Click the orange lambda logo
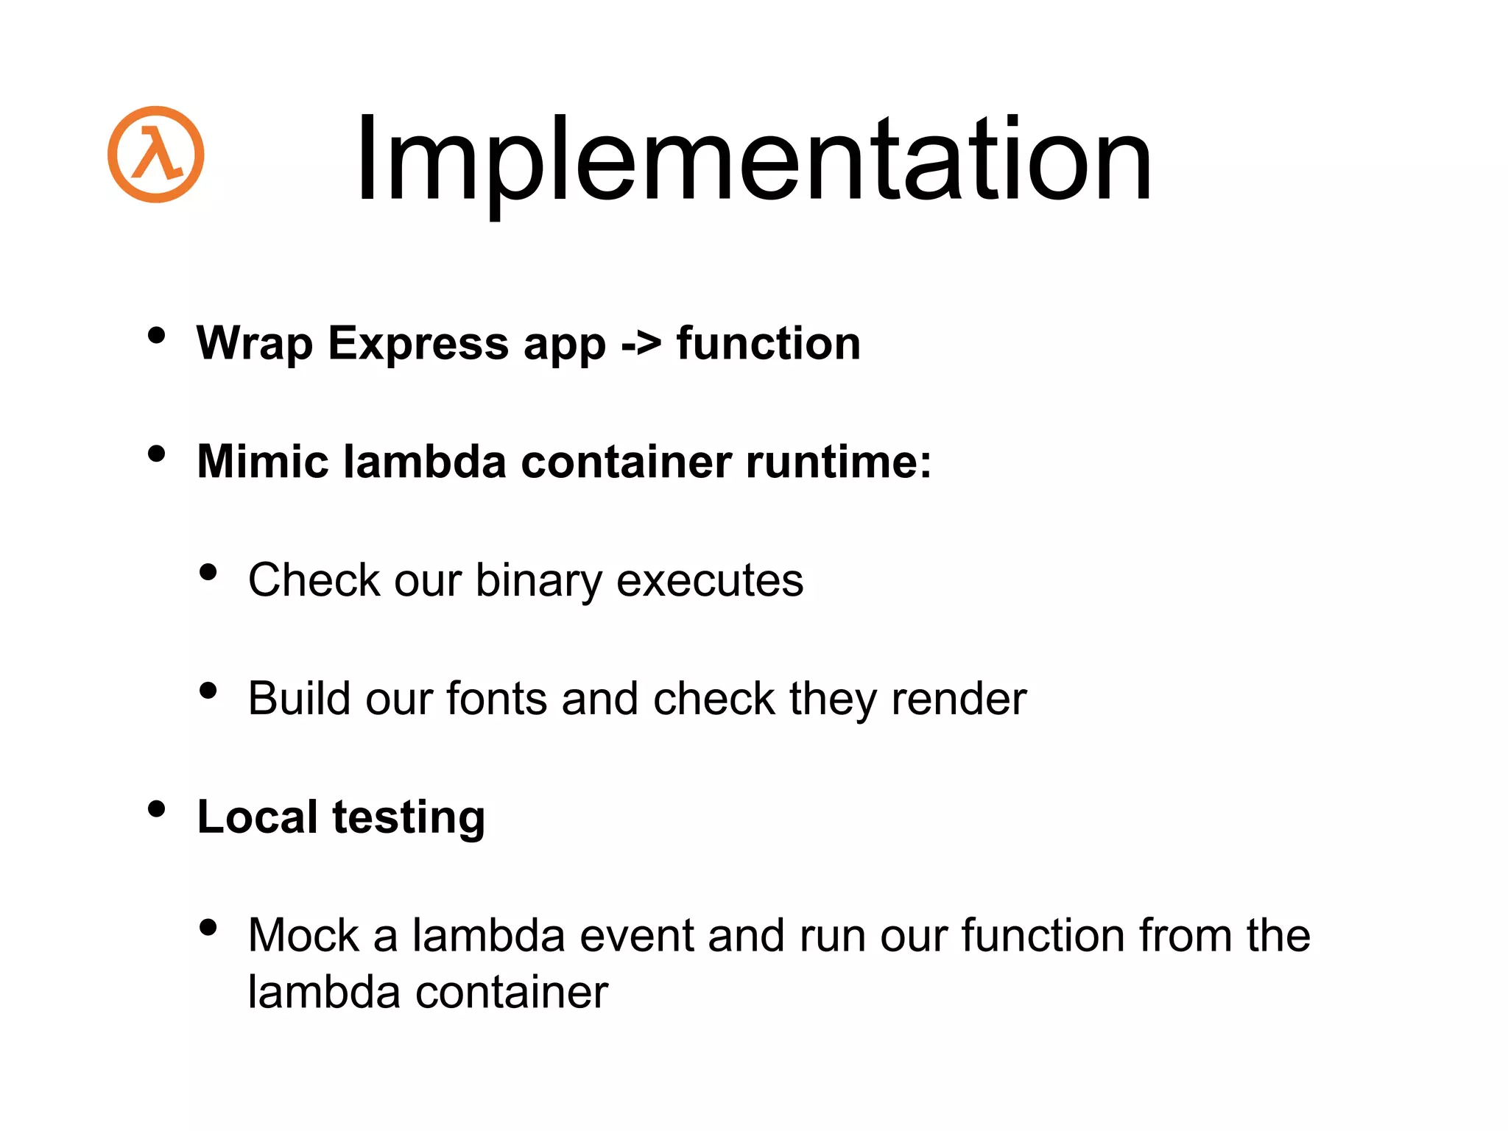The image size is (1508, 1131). (155, 154)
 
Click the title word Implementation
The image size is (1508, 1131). (753, 159)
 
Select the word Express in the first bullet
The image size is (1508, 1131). (417, 344)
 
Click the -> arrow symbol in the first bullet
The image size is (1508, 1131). (640, 344)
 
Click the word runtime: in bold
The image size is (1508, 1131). (839, 462)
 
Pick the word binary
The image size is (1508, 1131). (538, 581)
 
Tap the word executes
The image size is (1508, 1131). (710, 581)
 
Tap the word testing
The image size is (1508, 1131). (409, 818)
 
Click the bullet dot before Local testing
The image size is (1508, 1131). (156, 809)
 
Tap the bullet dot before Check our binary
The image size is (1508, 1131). (208, 572)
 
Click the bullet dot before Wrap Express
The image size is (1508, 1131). (156, 336)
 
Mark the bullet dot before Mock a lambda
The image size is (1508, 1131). (208, 927)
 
